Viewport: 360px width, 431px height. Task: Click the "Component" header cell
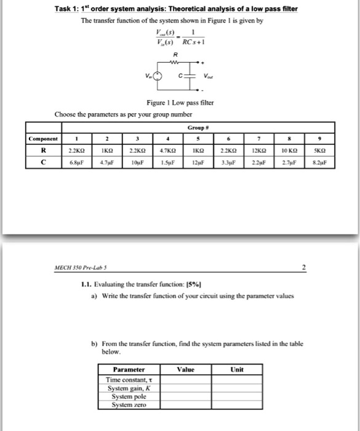point(42,139)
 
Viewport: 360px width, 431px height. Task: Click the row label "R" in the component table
point(42,150)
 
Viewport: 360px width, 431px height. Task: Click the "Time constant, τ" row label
point(128,380)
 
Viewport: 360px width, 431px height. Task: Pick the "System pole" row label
point(128,397)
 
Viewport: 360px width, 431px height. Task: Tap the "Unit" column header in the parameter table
point(237,369)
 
